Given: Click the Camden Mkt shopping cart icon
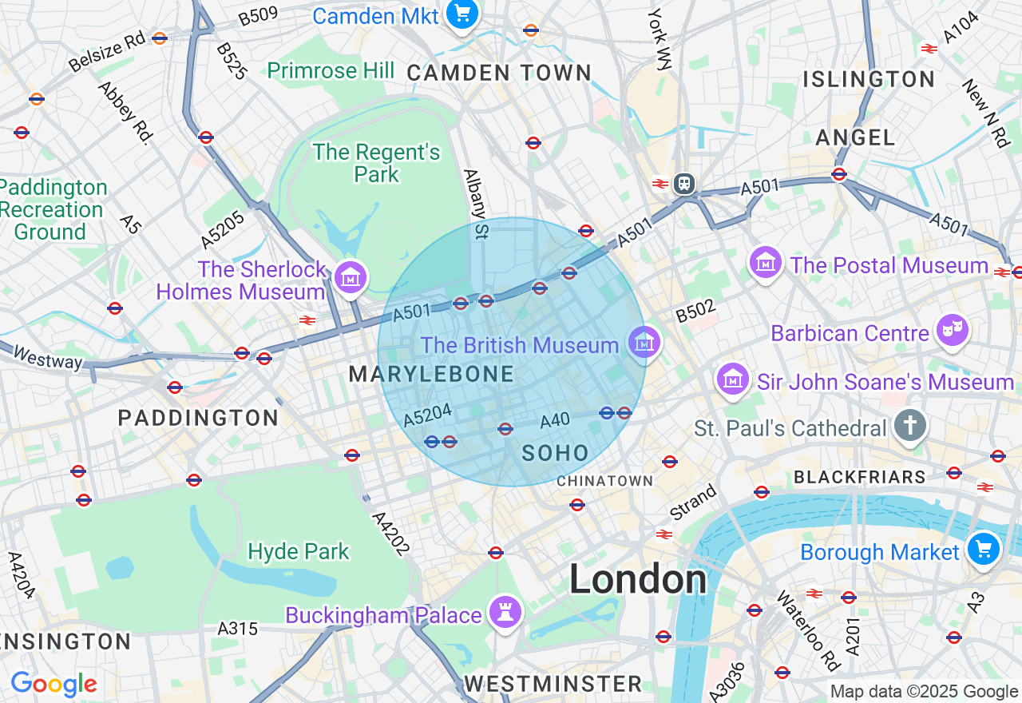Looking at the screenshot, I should click(461, 14).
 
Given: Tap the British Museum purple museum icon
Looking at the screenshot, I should click(644, 344).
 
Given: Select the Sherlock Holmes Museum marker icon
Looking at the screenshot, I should click(351, 278).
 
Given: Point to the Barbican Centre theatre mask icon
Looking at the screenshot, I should click(953, 330).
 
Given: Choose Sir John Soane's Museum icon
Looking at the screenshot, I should click(733, 379).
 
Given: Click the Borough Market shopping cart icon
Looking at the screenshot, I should click(984, 550).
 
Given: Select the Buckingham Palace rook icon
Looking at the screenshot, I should click(505, 613).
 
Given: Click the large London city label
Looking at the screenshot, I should click(637, 579).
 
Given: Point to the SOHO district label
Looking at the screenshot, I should click(555, 454).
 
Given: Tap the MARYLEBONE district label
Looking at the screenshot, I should click(431, 374).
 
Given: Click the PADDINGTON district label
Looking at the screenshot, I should click(198, 418).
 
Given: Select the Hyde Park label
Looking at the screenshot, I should click(299, 551).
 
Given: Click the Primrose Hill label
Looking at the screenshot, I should click(331, 71).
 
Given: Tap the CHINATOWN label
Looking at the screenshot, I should click(604, 481).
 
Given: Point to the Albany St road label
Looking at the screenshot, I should click(475, 205).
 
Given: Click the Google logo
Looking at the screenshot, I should click(53, 684).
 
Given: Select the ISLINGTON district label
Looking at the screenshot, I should click(869, 79).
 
